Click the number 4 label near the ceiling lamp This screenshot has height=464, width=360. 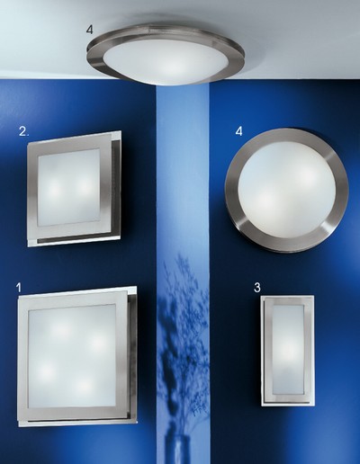90,30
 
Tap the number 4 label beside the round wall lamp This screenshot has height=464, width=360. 238,131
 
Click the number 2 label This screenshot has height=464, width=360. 23,131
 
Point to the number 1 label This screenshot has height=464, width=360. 19,288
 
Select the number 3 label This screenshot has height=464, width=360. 257,288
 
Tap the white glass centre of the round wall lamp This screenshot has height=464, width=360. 286,192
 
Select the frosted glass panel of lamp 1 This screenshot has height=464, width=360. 72,356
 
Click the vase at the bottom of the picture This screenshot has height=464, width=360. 182,449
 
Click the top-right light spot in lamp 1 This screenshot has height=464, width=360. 97,342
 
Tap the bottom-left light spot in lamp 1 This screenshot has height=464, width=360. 46,370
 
